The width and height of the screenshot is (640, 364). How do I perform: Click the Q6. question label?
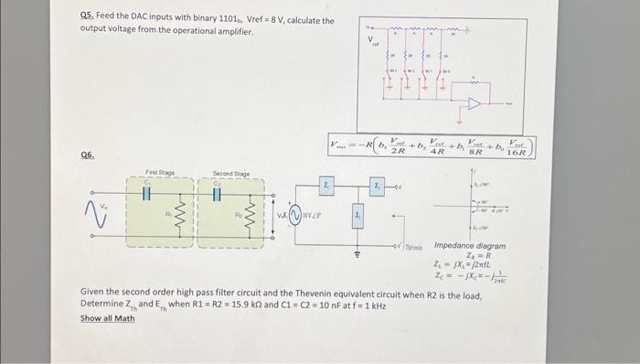tap(88, 156)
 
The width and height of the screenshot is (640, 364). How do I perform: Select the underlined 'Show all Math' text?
tap(107, 318)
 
